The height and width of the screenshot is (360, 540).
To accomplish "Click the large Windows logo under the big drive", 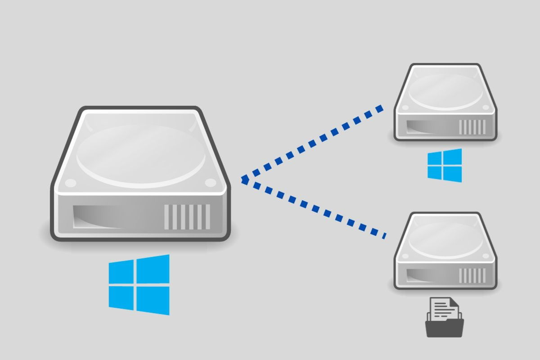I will pos(139,285).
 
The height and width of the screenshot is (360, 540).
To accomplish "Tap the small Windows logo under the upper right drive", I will pos(445,165).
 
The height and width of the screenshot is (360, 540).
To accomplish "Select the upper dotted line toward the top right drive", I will pos(315,142).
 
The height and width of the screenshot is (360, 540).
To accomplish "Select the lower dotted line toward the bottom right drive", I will pos(315,208).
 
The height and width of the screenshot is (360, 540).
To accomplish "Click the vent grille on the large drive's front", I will pos(187,216).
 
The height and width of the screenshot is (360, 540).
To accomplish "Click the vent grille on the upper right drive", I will pos(472,126).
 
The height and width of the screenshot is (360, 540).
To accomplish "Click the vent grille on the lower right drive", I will pos(472,275).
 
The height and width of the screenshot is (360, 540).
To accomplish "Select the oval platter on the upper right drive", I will pos(446,92).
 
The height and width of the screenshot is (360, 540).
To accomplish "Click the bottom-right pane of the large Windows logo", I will pos(153,300).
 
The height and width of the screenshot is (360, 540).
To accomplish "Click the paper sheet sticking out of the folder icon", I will pos(444,308).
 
